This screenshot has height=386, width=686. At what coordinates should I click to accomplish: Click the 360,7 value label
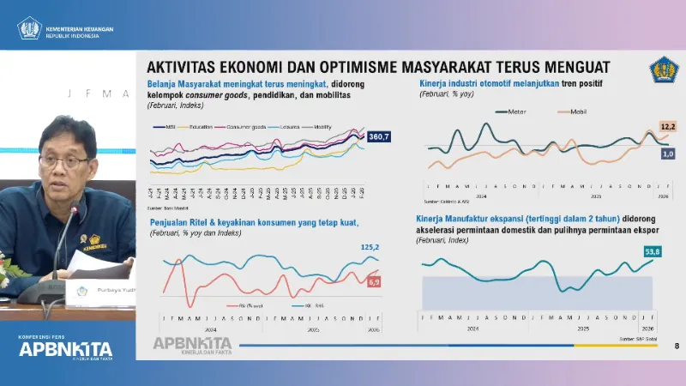pos(378,137)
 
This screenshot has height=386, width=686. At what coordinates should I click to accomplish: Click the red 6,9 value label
pos(373,281)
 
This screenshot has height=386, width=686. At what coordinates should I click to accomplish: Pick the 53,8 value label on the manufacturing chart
pos(653,251)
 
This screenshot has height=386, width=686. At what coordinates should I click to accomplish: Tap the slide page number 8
pos(677,347)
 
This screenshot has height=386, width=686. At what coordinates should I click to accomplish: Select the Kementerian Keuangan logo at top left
pos(31,29)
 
